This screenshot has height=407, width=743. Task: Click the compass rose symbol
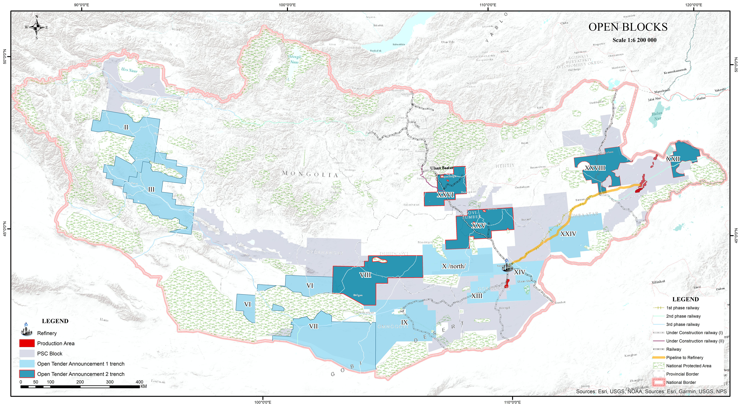[37, 27]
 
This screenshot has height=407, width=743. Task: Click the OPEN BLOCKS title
[628, 27]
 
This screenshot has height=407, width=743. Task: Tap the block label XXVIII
[595, 168]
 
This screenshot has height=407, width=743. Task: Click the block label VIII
[365, 275]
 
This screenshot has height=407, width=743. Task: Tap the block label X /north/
[454, 266]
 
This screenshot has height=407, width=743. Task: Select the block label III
[151, 189]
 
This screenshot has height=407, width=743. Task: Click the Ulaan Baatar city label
[442, 168]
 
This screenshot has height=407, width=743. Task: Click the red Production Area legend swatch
[27, 343]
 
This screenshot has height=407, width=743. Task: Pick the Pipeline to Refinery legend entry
[684, 357]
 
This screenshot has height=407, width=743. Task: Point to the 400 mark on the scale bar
[139, 382]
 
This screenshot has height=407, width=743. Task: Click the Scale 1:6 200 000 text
[634, 40]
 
